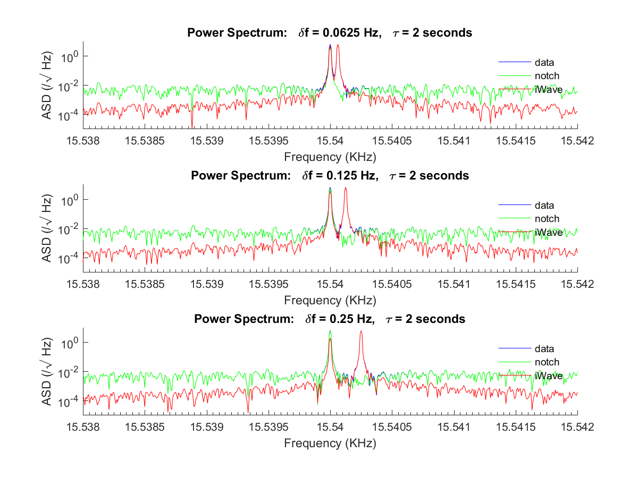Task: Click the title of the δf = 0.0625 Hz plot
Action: click(x=330, y=33)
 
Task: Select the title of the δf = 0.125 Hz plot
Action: click(x=330, y=176)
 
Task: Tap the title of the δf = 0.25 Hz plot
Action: click(x=330, y=319)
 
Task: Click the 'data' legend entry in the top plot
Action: click(x=544, y=63)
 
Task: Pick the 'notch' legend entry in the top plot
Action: click(x=547, y=76)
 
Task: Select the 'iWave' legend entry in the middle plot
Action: click(x=548, y=232)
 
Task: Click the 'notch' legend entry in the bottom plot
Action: click(x=547, y=362)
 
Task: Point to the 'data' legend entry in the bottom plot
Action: click(x=544, y=349)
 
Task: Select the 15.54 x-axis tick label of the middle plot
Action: click(x=330, y=284)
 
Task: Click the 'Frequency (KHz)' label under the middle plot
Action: click(x=330, y=300)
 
